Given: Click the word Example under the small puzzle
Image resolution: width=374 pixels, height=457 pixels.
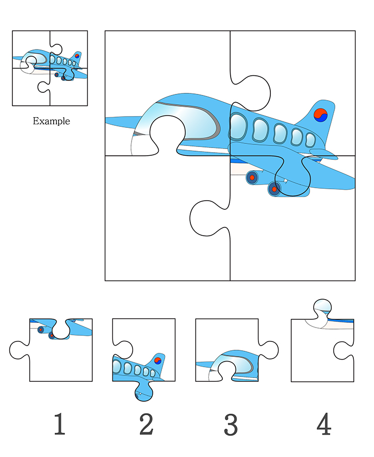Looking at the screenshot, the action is (x=51, y=121).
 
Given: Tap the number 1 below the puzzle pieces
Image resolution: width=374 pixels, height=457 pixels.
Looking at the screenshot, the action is (x=59, y=424).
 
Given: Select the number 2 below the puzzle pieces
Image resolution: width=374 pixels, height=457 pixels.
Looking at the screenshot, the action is (x=146, y=424).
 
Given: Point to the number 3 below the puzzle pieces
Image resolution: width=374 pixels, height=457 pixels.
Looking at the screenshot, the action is (x=231, y=424).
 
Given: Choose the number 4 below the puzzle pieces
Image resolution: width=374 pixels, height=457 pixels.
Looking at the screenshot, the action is (x=323, y=424).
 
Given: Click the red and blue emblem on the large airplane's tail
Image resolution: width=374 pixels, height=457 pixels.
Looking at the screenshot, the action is (x=321, y=115).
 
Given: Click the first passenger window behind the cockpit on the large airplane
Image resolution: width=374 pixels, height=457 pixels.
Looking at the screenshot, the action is (x=238, y=127).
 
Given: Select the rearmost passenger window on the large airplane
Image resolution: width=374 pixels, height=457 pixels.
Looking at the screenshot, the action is (x=310, y=140).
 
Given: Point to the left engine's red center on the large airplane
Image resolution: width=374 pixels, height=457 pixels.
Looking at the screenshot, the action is (x=252, y=177).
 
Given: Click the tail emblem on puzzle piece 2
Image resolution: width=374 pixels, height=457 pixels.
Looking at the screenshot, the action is (x=158, y=361).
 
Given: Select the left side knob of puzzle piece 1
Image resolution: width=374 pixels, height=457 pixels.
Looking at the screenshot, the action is (x=18, y=350).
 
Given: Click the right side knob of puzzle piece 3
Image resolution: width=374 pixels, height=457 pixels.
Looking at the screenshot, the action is (x=269, y=350).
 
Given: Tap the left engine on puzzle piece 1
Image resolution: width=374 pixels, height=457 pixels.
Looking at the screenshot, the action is (x=41, y=330).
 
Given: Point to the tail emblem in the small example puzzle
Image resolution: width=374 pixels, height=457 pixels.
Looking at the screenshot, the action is (x=77, y=56).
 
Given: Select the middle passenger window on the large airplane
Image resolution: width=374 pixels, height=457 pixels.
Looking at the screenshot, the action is (x=281, y=134).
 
